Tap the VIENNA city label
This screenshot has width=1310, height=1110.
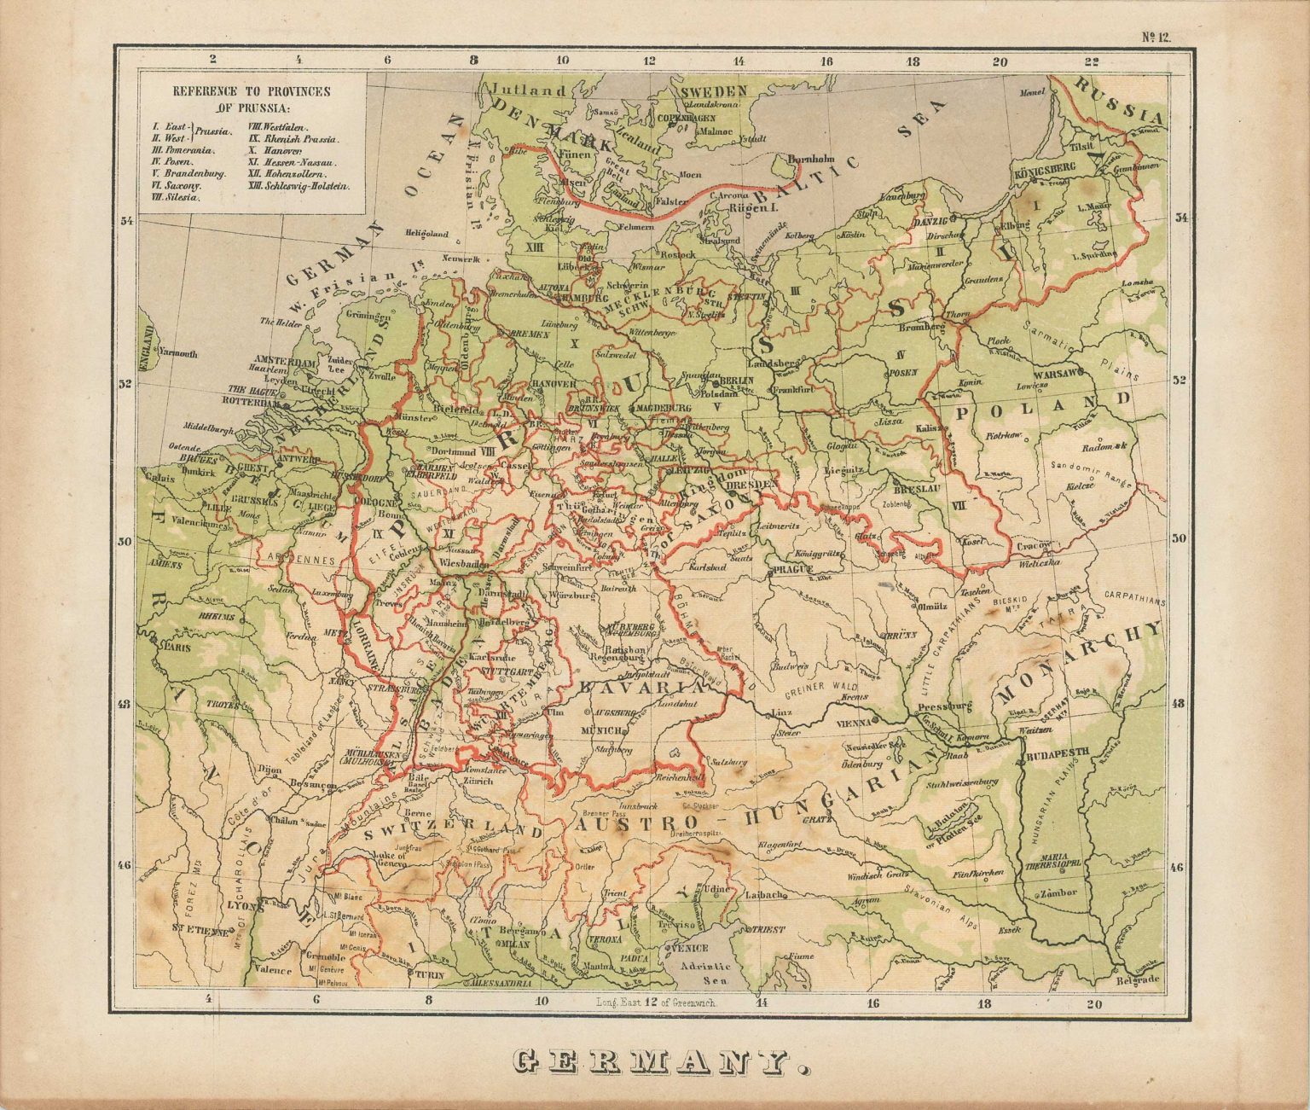click(x=861, y=722)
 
